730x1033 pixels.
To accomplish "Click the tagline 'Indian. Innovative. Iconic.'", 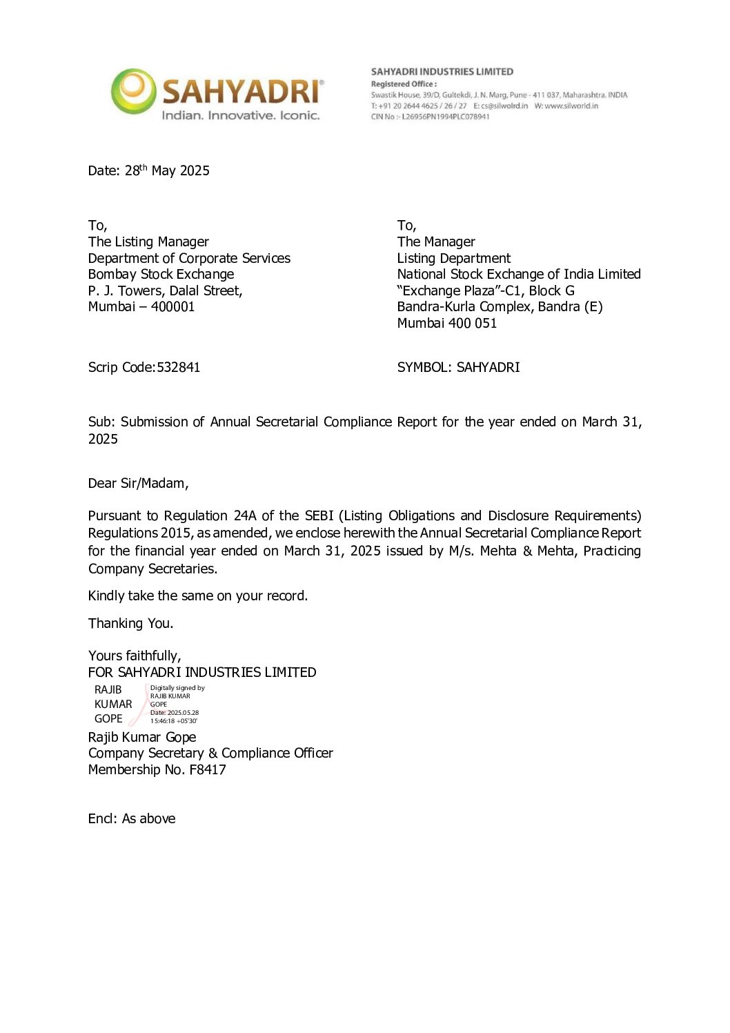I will click(240, 115).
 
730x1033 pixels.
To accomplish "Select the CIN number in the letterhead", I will click(445, 117).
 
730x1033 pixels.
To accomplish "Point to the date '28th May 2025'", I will click(167, 170).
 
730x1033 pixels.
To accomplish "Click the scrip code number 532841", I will click(179, 367).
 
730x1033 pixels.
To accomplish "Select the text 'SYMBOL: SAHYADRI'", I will click(458, 367).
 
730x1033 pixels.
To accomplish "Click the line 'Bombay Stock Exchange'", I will click(161, 274).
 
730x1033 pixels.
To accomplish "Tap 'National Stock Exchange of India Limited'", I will click(519, 274).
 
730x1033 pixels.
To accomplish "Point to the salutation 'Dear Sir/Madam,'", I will click(138, 483).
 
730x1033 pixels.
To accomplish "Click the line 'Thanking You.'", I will click(130, 623).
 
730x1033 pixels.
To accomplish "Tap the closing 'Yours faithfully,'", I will click(135, 656).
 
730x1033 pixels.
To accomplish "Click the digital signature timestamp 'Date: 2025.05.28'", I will click(175, 713).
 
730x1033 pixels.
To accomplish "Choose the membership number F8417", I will click(208, 769).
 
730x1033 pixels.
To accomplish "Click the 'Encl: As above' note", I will click(132, 818).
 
